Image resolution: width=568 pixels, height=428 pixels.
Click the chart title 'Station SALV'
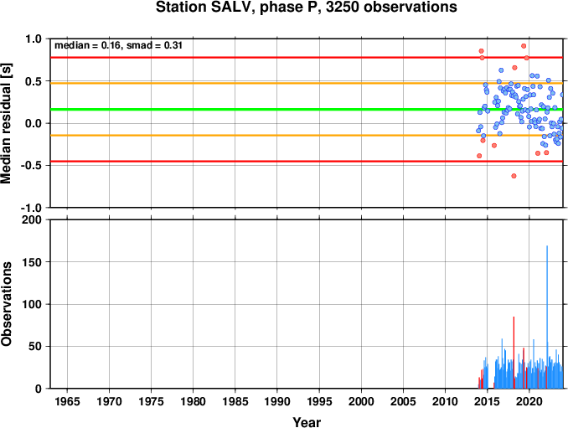pos(203,8)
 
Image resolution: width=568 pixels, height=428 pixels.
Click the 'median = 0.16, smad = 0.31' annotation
pos(118,45)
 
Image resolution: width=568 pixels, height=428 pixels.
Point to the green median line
pos(307,110)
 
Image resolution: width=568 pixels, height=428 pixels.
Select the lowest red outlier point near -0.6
pos(514,176)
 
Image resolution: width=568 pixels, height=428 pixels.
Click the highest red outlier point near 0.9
pos(524,46)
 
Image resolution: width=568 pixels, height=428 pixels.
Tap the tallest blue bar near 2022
pos(547,317)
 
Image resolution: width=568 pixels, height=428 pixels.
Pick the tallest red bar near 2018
pos(514,353)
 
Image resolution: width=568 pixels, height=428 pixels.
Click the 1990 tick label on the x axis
pos(277,401)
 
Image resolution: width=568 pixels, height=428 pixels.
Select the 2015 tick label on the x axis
pos(488,401)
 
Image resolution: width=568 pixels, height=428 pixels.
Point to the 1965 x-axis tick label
pos(67,401)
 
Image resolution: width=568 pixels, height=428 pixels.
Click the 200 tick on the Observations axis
pos(32,219)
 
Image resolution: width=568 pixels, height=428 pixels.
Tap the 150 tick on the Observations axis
pos(32,262)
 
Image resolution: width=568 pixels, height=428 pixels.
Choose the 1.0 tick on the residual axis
pos(34,39)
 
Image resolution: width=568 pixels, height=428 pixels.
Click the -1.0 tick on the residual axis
pos(32,208)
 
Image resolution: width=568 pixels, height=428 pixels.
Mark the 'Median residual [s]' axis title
pos(7,123)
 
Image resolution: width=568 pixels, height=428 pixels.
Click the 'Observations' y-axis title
pos(7,304)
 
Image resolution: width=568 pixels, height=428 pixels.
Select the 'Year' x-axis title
pos(307,422)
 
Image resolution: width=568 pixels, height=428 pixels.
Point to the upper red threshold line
pos(307,57)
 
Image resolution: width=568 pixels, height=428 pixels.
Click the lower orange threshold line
pos(307,136)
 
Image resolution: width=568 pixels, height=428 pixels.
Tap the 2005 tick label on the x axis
pos(403,401)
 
